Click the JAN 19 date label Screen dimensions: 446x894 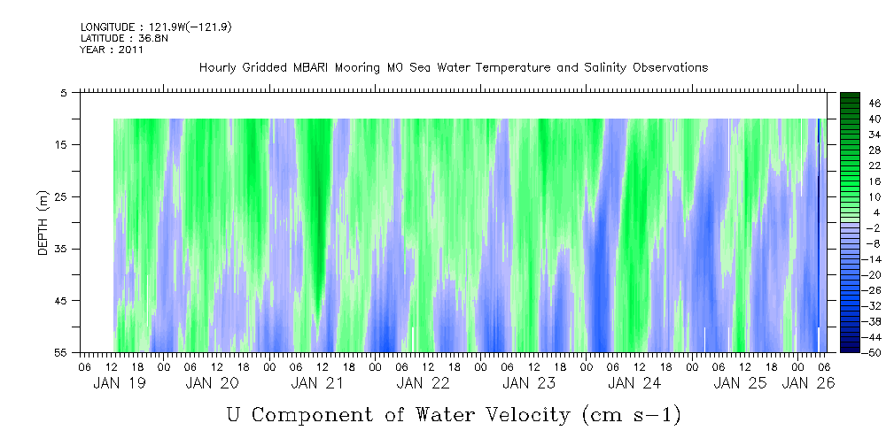(x=120, y=383)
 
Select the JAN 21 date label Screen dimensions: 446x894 (x=318, y=383)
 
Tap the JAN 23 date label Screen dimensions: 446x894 (x=529, y=383)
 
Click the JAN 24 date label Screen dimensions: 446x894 (x=634, y=383)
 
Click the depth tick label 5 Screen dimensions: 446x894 (x=65, y=92)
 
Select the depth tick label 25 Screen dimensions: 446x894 (x=62, y=196)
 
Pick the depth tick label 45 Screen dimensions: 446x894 (x=62, y=301)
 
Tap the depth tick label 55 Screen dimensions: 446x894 (x=62, y=353)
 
